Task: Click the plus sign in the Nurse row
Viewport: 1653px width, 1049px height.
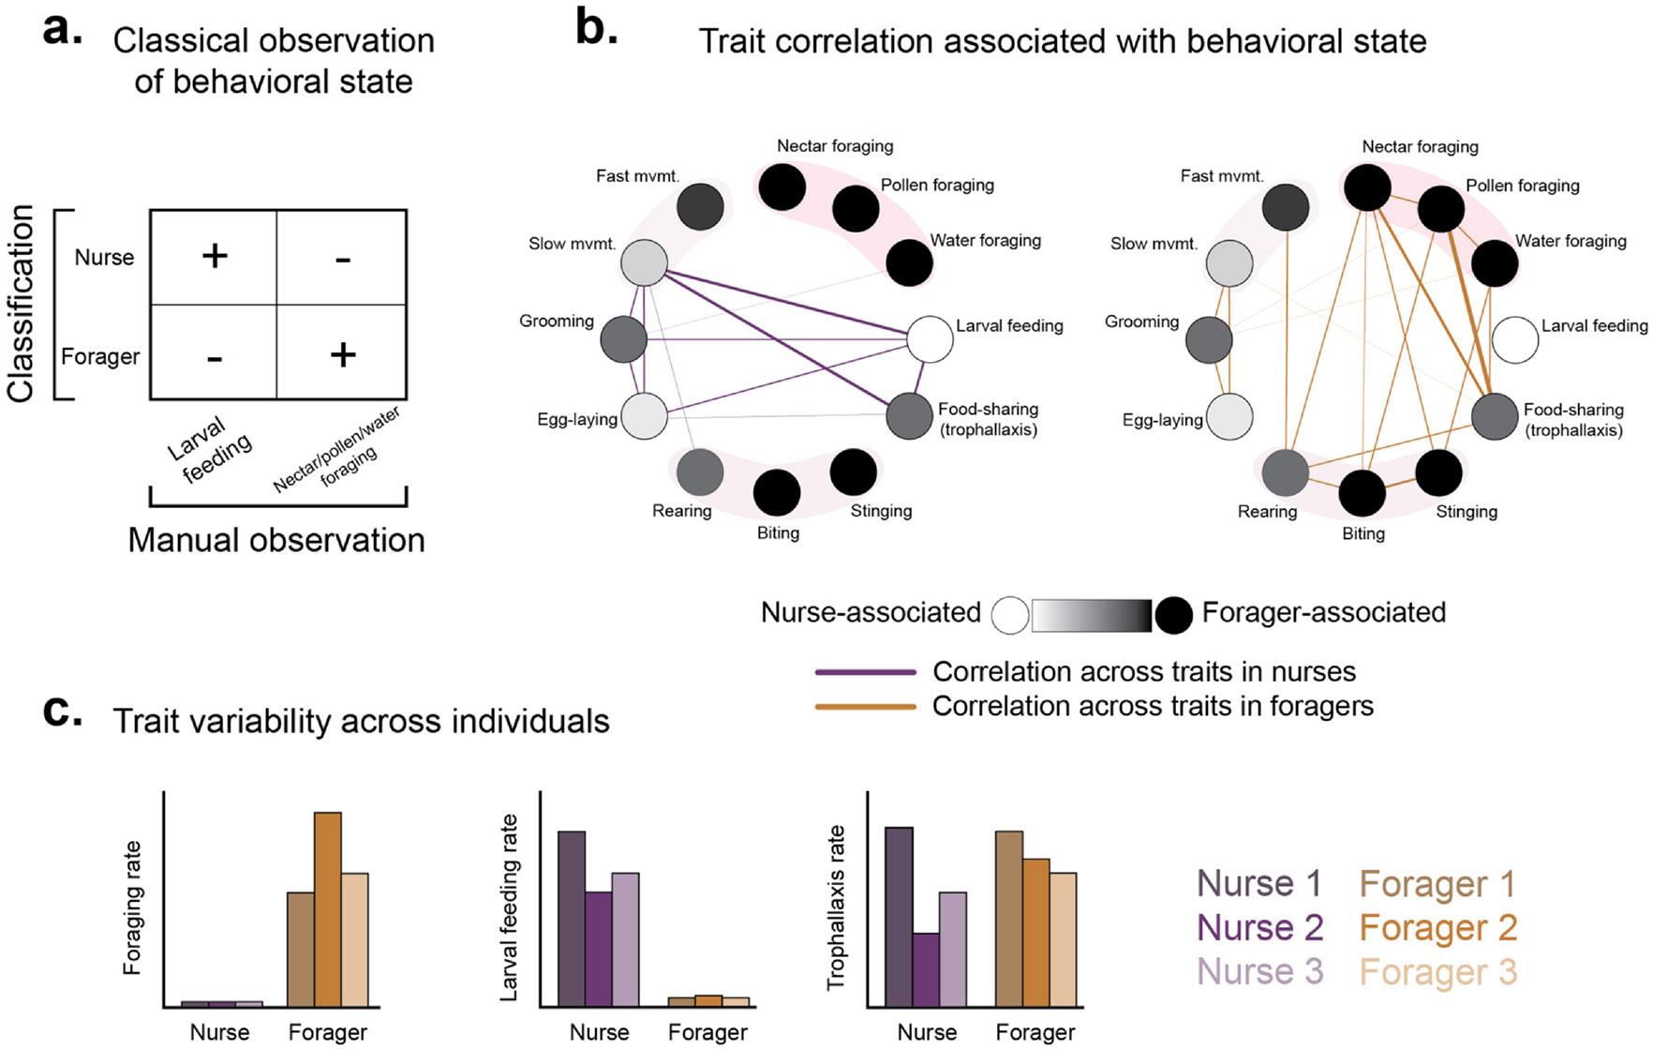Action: point(215,256)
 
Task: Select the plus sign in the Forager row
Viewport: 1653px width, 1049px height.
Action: point(343,354)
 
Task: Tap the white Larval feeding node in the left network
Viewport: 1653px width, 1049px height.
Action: point(930,339)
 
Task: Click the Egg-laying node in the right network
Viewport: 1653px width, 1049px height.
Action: point(1229,417)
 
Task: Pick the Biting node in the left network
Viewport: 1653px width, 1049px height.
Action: point(777,492)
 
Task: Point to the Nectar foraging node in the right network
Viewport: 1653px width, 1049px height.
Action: point(1367,187)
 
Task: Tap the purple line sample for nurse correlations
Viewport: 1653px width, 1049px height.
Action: point(865,672)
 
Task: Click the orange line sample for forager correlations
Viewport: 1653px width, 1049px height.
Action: point(865,706)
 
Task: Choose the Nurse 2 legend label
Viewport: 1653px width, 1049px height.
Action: point(1259,928)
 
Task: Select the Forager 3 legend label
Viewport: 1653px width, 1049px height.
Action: point(1437,972)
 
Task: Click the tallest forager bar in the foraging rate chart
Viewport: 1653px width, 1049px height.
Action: point(327,908)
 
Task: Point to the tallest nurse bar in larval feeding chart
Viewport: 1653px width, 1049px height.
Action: point(572,918)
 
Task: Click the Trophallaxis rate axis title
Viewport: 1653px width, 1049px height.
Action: point(835,907)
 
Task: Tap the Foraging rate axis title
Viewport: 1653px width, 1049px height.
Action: point(132,907)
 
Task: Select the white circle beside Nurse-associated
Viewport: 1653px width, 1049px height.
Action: point(1010,616)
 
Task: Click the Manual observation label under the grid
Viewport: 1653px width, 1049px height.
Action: point(276,540)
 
